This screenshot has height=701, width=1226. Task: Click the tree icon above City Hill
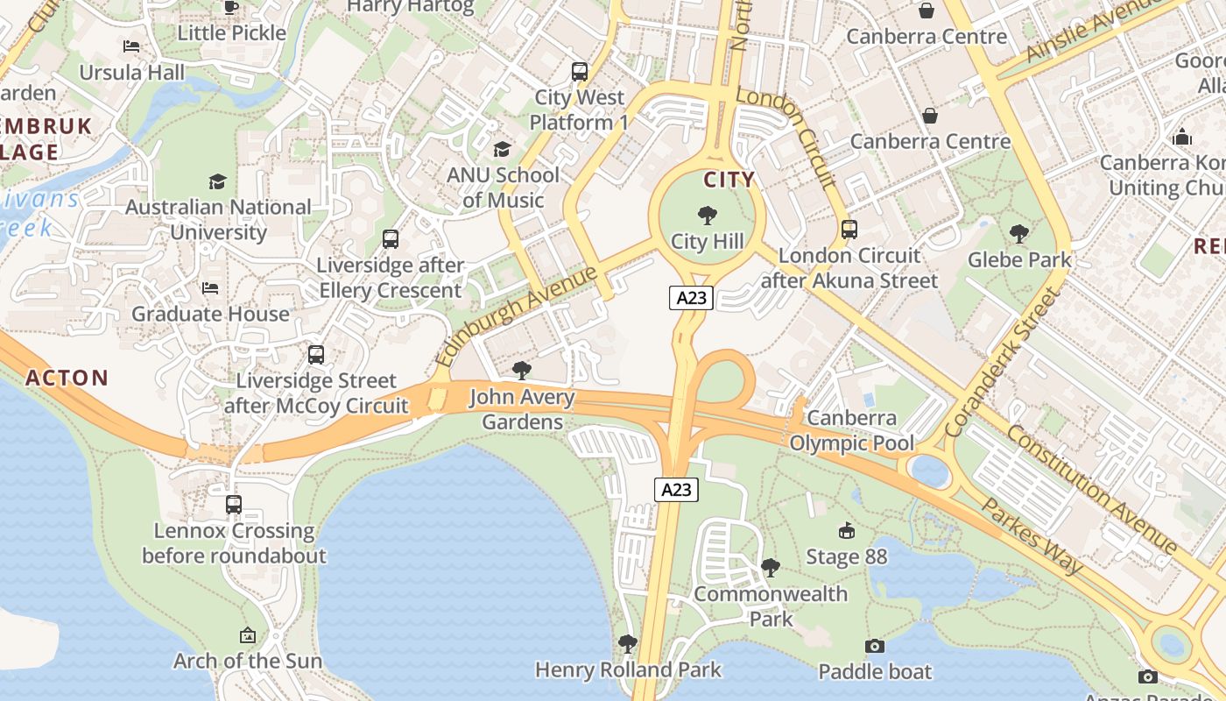707,215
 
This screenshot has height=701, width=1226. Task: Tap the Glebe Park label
1019,259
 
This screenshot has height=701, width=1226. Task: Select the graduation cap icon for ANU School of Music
502,149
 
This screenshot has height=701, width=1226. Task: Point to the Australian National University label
218,220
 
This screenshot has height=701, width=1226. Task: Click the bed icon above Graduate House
210,287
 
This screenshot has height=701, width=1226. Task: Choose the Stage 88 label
846,556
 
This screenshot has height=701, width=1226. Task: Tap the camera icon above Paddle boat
874,646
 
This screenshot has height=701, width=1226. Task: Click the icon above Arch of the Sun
248,635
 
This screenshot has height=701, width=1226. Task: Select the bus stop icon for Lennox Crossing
233,505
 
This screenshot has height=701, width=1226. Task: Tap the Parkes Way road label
1031,535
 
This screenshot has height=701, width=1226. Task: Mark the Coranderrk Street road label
1003,362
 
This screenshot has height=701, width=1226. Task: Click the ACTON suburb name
67,379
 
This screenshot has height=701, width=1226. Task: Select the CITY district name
729,180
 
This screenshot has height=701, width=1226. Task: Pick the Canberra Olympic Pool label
851,430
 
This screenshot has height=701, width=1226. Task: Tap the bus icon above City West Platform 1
580,72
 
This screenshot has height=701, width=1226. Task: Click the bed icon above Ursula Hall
131,46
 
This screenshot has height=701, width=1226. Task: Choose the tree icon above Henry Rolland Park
627,644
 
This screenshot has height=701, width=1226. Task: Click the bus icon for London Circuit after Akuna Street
849,230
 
